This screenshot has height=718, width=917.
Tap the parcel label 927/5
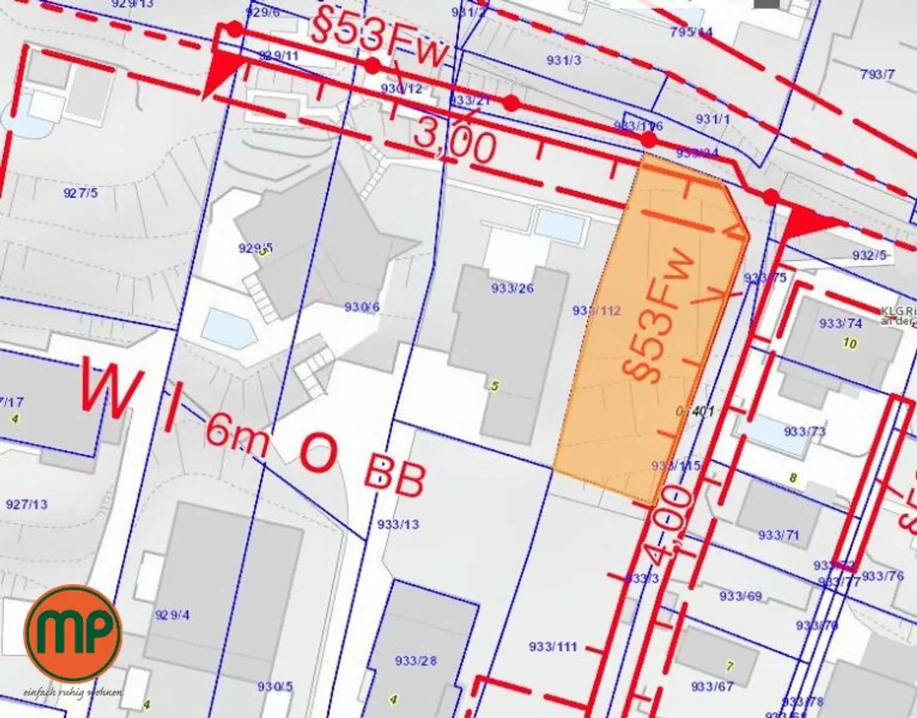click(x=80, y=192)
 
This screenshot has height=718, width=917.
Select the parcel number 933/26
click(x=512, y=288)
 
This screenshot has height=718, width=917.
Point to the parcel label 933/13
click(x=398, y=524)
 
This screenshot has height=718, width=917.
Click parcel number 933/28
click(x=416, y=661)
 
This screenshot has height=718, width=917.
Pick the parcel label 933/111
click(x=553, y=646)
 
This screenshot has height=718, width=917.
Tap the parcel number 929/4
click(x=172, y=615)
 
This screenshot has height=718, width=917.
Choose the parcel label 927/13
click(x=26, y=504)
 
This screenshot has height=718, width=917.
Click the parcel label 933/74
click(x=841, y=323)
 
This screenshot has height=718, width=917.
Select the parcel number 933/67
click(x=712, y=686)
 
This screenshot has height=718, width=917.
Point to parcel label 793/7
click(x=878, y=74)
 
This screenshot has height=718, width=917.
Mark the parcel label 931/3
click(x=564, y=59)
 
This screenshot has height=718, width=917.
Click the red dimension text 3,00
click(x=455, y=144)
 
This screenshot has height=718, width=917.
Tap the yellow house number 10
click(x=850, y=344)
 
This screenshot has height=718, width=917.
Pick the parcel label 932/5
click(x=869, y=255)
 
